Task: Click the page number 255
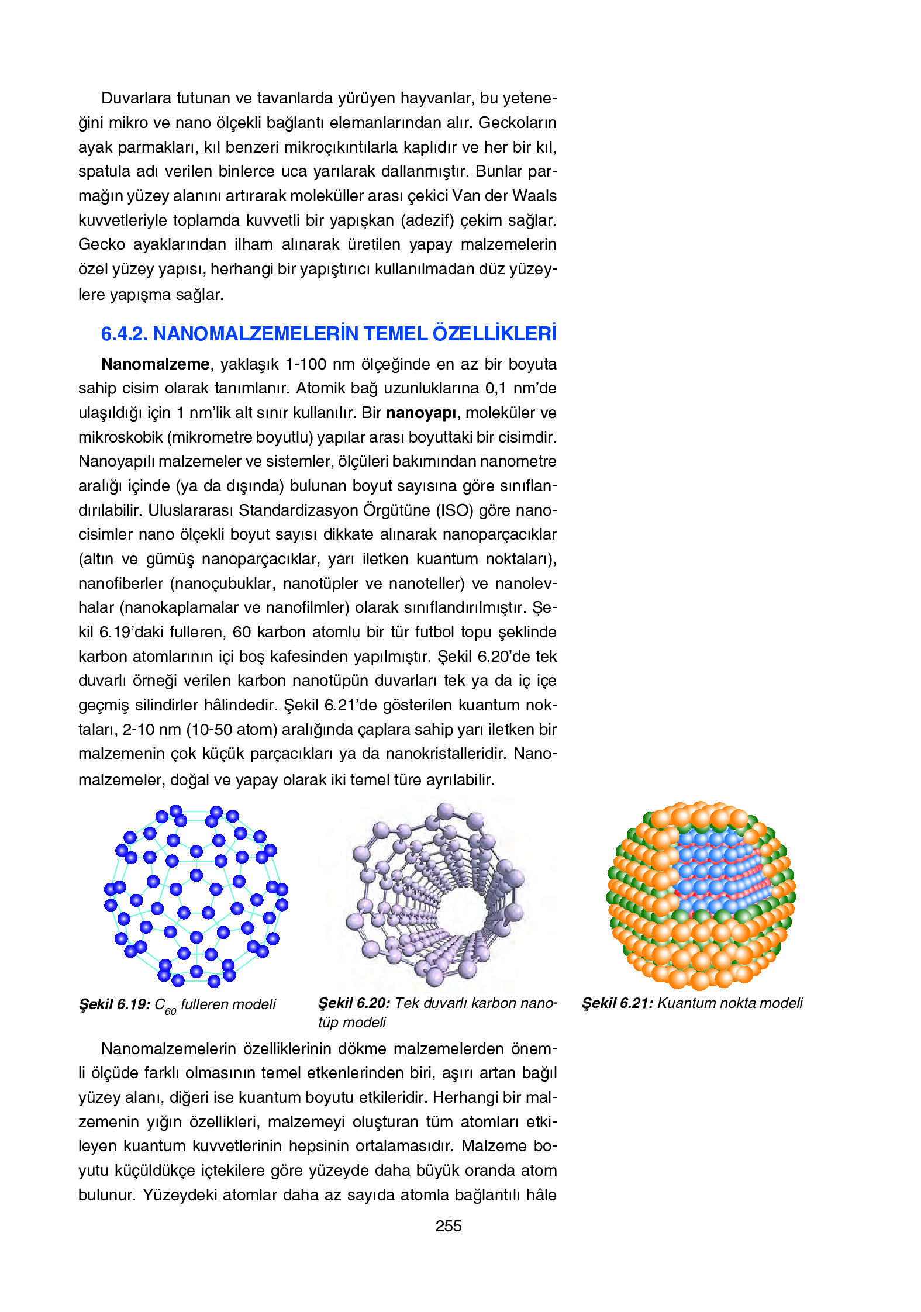tap(448, 1226)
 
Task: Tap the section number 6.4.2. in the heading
tap(124, 334)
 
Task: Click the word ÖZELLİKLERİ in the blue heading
tap(494, 334)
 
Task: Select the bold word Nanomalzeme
tap(155, 364)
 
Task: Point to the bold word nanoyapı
tap(421, 413)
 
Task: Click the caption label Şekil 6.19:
tap(115, 1004)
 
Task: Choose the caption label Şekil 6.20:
tap(354, 1003)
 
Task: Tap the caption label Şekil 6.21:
tap(617, 1003)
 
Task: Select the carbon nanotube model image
tap(436, 895)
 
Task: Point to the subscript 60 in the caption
tap(170, 1011)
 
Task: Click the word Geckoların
tap(517, 123)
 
